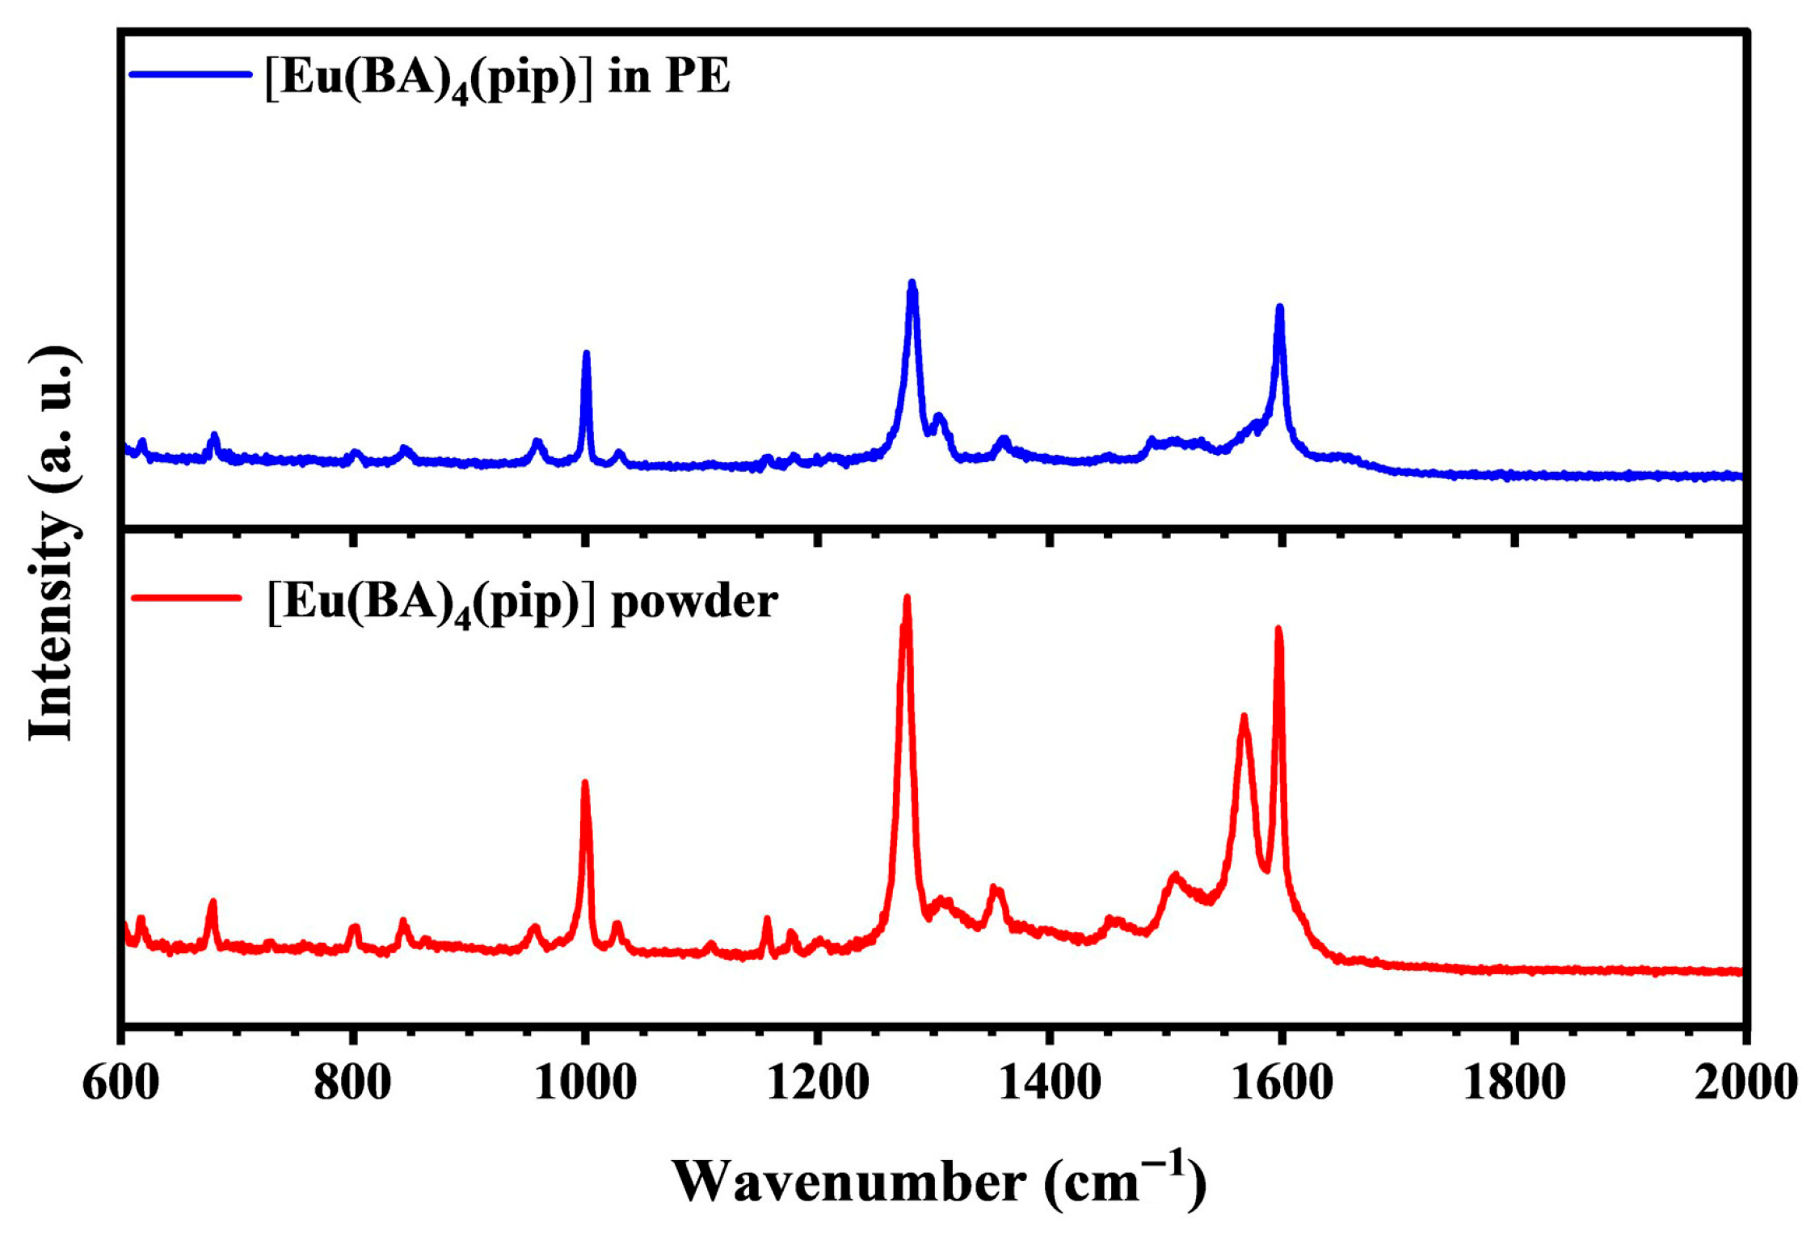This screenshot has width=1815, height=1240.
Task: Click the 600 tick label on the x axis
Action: (x=121, y=1083)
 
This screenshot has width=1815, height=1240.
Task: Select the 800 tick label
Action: (x=352, y=1083)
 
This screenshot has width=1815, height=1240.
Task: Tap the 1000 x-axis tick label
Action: (x=585, y=1083)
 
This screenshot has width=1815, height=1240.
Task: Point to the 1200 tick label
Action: (x=817, y=1083)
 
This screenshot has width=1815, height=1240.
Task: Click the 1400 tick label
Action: (x=1049, y=1083)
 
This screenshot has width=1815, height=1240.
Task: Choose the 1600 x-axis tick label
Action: (x=1282, y=1083)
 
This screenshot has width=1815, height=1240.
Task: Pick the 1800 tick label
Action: (x=1514, y=1083)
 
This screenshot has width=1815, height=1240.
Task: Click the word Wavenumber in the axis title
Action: (x=849, y=1184)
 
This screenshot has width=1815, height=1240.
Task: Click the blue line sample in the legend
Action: (x=191, y=74)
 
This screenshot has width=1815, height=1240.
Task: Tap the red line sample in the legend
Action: (x=187, y=599)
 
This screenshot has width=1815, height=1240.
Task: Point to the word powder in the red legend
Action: (x=694, y=602)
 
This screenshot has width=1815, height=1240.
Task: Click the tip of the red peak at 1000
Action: (x=585, y=783)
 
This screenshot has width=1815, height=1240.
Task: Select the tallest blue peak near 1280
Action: (x=912, y=284)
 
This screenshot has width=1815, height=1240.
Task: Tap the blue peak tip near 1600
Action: (x=1279, y=308)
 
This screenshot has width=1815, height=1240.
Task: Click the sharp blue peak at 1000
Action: (x=587, y=354)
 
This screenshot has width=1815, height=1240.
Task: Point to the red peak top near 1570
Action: (x=1244, y=717)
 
